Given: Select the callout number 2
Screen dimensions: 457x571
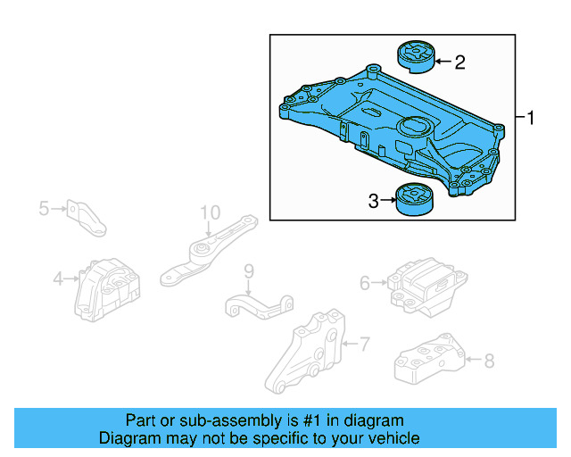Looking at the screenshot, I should click(x=459, y=62).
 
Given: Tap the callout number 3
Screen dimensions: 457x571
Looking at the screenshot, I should click(x=373, y=202).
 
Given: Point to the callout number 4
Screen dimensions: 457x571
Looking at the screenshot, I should click(x=58, y=278).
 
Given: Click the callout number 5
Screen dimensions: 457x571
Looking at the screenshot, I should click(x=44, y=209).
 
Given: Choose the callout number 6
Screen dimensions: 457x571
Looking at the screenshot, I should click(x=365, y=283).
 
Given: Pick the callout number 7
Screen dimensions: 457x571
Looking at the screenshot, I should click(x=364, y=342).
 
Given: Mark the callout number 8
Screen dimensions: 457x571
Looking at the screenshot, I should click(x=488, y=361).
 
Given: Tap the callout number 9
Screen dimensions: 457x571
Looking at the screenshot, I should click(x=249, y=270).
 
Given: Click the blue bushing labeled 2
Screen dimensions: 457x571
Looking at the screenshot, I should click(x=414, y=54).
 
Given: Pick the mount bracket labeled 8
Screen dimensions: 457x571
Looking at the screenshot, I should click(x=430, y=360).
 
